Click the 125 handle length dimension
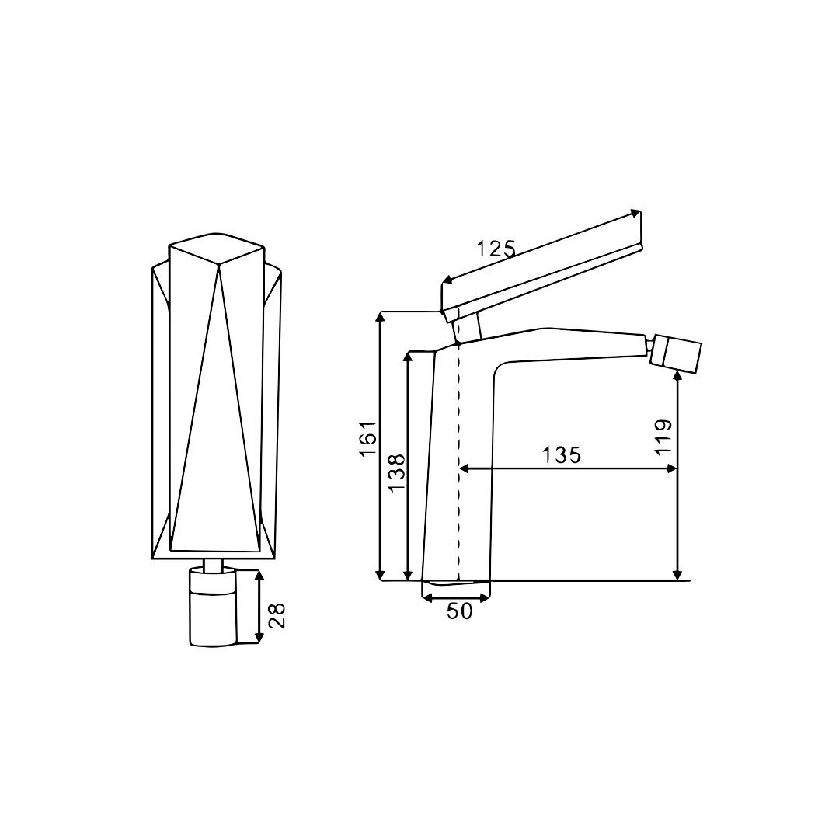[x=496, y=249]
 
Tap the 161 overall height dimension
[x=369, y=439]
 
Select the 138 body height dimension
[x=397, y=474]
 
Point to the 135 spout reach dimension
[x=561, y=455]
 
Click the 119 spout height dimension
[x=663, y=437]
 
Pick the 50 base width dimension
[x=460, y=611]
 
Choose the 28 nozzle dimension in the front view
[x=277, y=616]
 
